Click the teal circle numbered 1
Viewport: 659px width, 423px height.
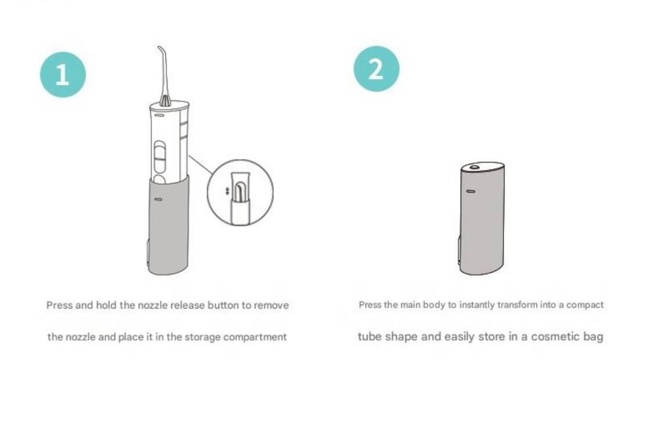pos(63,75)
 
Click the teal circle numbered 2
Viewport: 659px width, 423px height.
pos(376,69)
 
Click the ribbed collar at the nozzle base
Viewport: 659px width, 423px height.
pos(165,101)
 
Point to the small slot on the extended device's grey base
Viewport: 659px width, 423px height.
pos(158,199)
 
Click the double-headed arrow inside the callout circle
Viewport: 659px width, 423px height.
pos(227,191)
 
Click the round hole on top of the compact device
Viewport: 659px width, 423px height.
pos(475,167)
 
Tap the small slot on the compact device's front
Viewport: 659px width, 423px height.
pos(470,191)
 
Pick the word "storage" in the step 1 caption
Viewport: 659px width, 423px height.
pos(203,337)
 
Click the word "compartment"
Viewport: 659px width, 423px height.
pos(255,337)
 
